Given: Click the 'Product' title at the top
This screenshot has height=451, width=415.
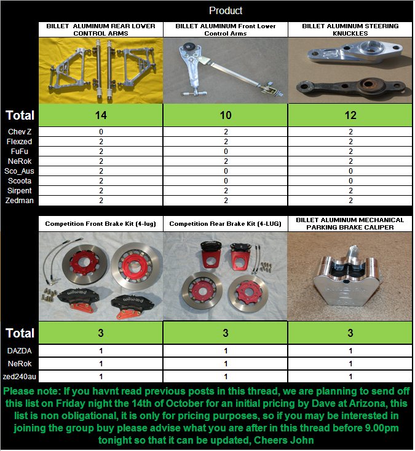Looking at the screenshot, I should [x=226, y=10].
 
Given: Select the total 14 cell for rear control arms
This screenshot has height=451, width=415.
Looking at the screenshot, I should [x=101, y=115].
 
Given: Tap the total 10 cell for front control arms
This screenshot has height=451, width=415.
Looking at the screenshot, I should [x=225, y=115].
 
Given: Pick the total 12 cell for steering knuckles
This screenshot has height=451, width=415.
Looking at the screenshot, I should [x=350, y=115].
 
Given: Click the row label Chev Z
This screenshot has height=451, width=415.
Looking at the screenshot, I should [x=20, y=132].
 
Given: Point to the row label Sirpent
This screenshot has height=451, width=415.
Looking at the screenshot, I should [x=20, y=190].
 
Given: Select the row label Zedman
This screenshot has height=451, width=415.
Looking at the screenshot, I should [x=20, y=200].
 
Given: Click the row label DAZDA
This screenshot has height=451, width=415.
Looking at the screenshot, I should [x=20, y=350].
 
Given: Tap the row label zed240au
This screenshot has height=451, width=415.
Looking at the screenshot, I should [x=20, y=376].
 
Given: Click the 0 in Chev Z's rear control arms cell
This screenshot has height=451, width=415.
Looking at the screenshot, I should [x=101, y=132].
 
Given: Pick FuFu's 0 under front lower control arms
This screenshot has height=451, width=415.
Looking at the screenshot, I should [x=225, y=151].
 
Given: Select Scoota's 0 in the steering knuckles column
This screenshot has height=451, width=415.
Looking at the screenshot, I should [x=350, y=180].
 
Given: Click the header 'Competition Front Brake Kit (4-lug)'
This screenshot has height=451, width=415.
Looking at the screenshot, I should [x=101, y=224].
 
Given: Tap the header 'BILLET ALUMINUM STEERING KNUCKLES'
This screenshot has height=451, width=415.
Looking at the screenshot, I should [x=350, y=29].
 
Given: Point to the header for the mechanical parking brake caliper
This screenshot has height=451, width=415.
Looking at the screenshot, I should [x=350, y=223].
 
